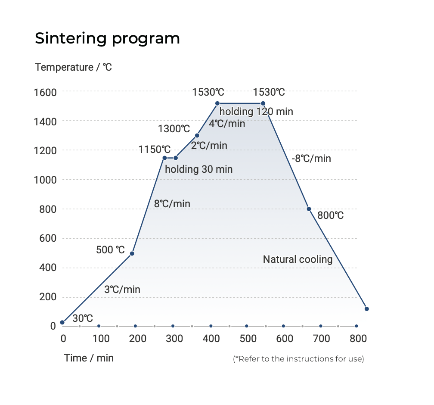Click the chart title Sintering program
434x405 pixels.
[107, 39]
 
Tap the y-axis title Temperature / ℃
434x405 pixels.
[73, 67]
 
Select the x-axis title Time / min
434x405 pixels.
[89, 358]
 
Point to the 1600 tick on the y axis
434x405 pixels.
[45, 92]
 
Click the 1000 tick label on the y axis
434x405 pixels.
[45, 180]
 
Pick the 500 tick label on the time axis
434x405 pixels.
[248, 339]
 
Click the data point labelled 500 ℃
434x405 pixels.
[132, 253]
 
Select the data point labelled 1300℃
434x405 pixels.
[197, 135]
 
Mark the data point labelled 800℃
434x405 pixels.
[309, 209]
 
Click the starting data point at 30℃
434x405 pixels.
[62, 322]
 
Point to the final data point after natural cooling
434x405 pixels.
[366, 309]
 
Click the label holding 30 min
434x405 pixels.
[198, 169]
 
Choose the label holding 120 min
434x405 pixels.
[256, 112]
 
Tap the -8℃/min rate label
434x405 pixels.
[311, 159]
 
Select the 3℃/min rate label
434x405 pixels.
[122, 290]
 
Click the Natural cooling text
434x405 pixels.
[298, 259]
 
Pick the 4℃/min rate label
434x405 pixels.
[227, 124]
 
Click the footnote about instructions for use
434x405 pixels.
[298, 359]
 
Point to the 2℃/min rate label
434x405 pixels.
[209, 146]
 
